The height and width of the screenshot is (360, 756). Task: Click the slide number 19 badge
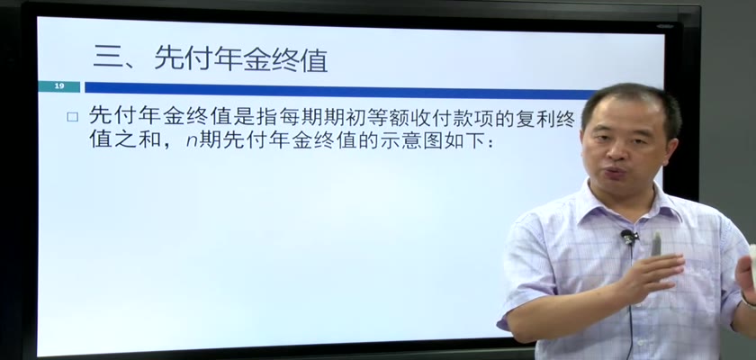click(x=58, y=86)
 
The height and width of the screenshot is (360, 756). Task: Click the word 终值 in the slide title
click(x=300, y=59)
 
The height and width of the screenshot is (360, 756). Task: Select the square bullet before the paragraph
click(x=72, y=117)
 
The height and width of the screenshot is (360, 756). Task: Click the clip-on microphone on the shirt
click(x=629, y=237)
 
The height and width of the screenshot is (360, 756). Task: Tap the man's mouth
click(x=617, y=173)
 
